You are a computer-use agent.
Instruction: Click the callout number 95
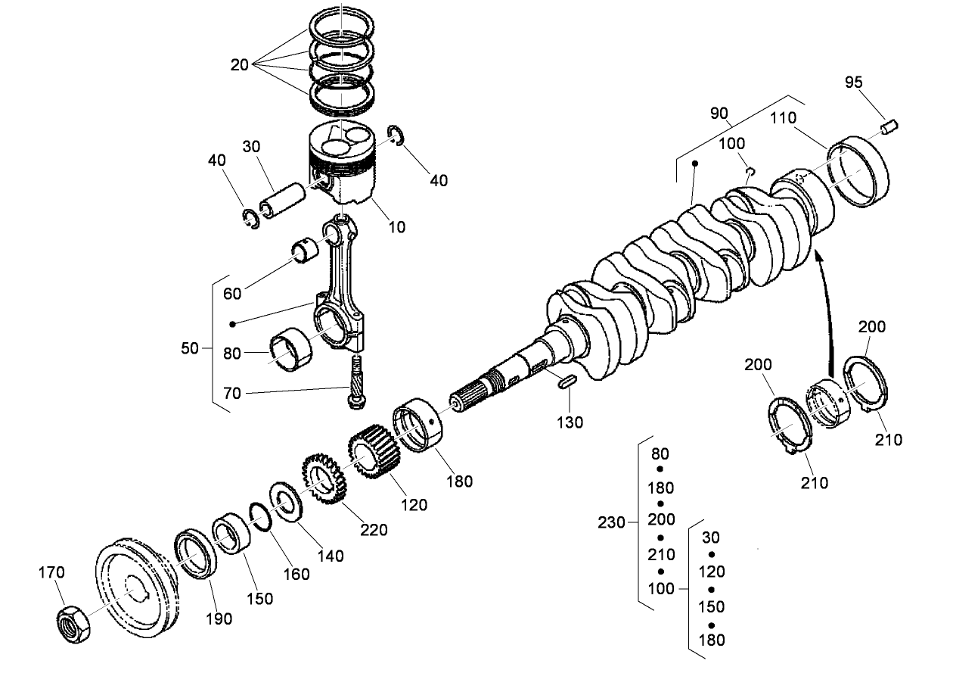(x=853, y=83)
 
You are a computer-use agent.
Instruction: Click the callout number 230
(x=612, y=522)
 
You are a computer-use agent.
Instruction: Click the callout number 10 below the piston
(x=397, y=226)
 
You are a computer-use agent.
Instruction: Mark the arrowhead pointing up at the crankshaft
(x=819, y=260)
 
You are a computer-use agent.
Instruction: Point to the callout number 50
(x=190, y=348)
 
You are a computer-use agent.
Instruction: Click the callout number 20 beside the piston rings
(x=239, y=65)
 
